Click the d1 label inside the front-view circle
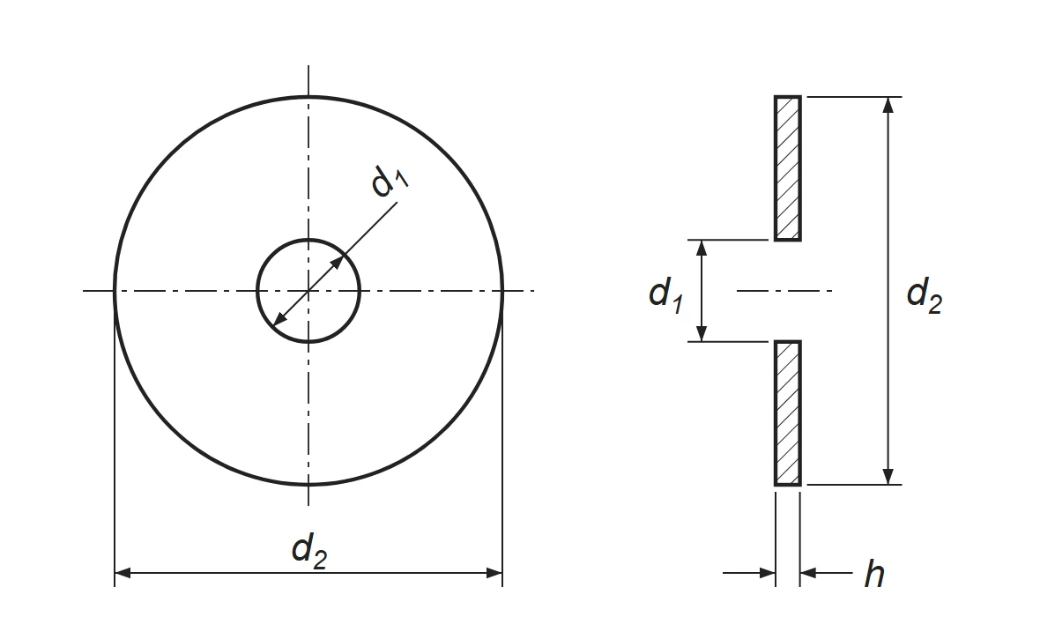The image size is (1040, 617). (x=390, y=181)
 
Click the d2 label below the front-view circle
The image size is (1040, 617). (x=309, y=551)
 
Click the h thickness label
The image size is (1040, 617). (x=874, y=573)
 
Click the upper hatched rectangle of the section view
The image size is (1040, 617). (x=788, y=168)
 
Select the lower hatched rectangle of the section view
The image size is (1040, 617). (x=788, y=413)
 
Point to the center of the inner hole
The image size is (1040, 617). (x=308, y=291)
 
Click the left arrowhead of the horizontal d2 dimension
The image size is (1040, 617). (x=123, y=573)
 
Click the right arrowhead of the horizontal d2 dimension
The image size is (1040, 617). (x=494, y=573)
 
